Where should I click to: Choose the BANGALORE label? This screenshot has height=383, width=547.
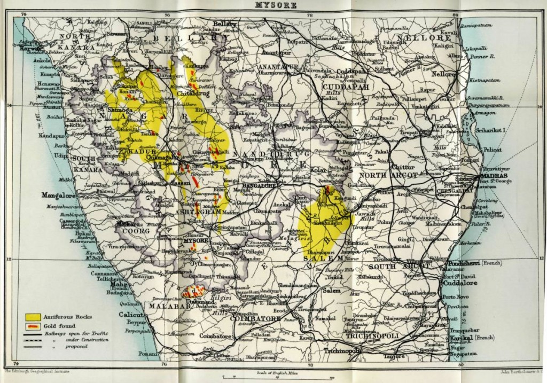[259, 185]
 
